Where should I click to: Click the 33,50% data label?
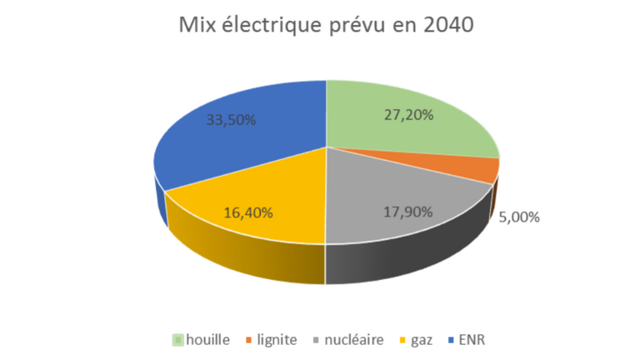tap(232, 119)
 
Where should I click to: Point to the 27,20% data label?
tap(407, 115)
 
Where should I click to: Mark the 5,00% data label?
tap(520, 217)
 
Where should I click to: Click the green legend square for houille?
tap(177, 339)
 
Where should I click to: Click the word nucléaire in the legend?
tap(356, 339)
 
